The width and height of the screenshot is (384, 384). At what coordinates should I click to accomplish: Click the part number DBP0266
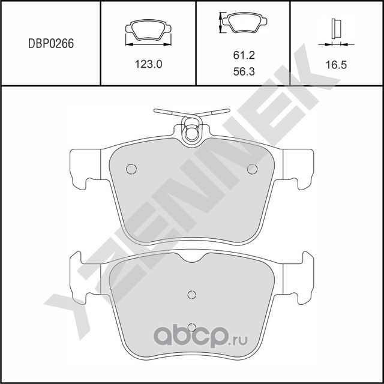(50, 43)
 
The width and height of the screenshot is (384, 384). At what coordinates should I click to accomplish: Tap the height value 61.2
(244, 55)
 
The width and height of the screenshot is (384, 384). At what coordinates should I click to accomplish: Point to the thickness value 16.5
(336, 64)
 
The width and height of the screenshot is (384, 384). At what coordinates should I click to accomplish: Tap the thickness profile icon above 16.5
(336, 30)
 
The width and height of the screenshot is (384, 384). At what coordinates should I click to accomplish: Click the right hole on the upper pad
(252, 169)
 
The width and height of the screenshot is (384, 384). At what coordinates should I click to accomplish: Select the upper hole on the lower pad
(191, 294)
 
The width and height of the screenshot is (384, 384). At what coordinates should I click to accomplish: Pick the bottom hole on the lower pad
(191, 327)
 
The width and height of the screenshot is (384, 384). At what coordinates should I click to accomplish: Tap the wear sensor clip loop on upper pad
(192, 131)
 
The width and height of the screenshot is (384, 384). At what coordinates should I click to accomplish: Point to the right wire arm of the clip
(215, 112)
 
